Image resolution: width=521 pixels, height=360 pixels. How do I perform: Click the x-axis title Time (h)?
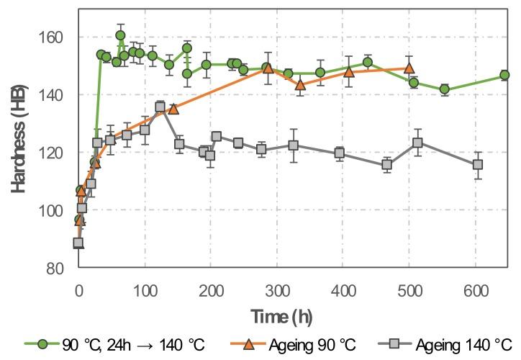tap(281, 317)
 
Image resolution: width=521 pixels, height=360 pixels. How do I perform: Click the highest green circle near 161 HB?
tap(120, 35)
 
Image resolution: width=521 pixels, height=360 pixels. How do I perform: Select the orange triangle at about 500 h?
tap(409, 68)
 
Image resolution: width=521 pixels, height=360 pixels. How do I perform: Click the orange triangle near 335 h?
tap(300, 85)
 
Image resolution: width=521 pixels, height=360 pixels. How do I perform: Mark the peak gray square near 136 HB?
tap(160, 107)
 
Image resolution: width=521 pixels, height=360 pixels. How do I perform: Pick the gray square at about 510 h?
tap(417, 143)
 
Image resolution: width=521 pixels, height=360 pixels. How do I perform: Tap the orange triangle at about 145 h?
tap(173, 109)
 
